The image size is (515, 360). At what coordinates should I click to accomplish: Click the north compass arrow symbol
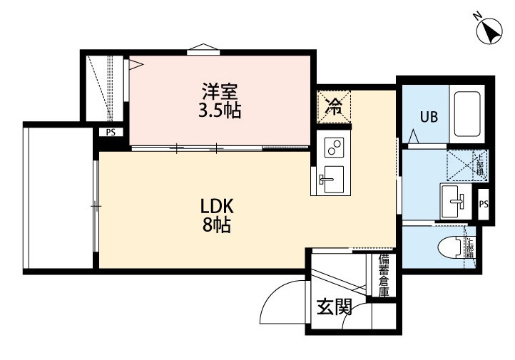[x=489, y=31]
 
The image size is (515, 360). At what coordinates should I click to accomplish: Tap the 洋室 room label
[x=219, y=92]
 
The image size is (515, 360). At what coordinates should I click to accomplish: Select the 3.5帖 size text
[x=219, y=111]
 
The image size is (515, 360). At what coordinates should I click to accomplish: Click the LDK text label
[x=217, y=207]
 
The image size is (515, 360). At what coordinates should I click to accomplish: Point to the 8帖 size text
[x=216, y=227]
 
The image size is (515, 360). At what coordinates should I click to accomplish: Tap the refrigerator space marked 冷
[x=334, y=108]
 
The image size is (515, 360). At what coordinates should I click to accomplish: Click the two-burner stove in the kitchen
[x=333, y=147]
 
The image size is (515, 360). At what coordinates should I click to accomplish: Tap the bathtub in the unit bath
[x=468, y=115]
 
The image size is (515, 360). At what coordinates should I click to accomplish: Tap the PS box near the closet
[x=111, y=133]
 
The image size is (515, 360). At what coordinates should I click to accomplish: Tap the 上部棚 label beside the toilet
[x=470, y=247]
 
